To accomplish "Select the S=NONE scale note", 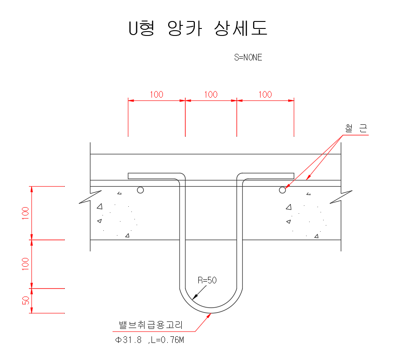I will point(248,57).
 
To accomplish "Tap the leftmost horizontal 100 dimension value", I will point(156,94).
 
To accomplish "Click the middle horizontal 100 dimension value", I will point(211,94).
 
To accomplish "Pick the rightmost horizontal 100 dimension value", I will point(265,94).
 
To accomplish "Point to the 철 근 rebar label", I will point(356,128).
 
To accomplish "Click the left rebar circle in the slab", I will point(140,190).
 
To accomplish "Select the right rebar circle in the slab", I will point(282,190).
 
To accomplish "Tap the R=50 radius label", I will point(207,280).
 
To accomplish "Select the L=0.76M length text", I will point(166,340).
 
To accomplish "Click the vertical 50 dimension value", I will point(26,300).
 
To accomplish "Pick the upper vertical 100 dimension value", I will point(26,213).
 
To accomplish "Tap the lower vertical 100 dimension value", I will point(26,264).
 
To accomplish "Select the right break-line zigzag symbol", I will point(341,197).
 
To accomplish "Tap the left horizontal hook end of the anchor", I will point(130,176).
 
